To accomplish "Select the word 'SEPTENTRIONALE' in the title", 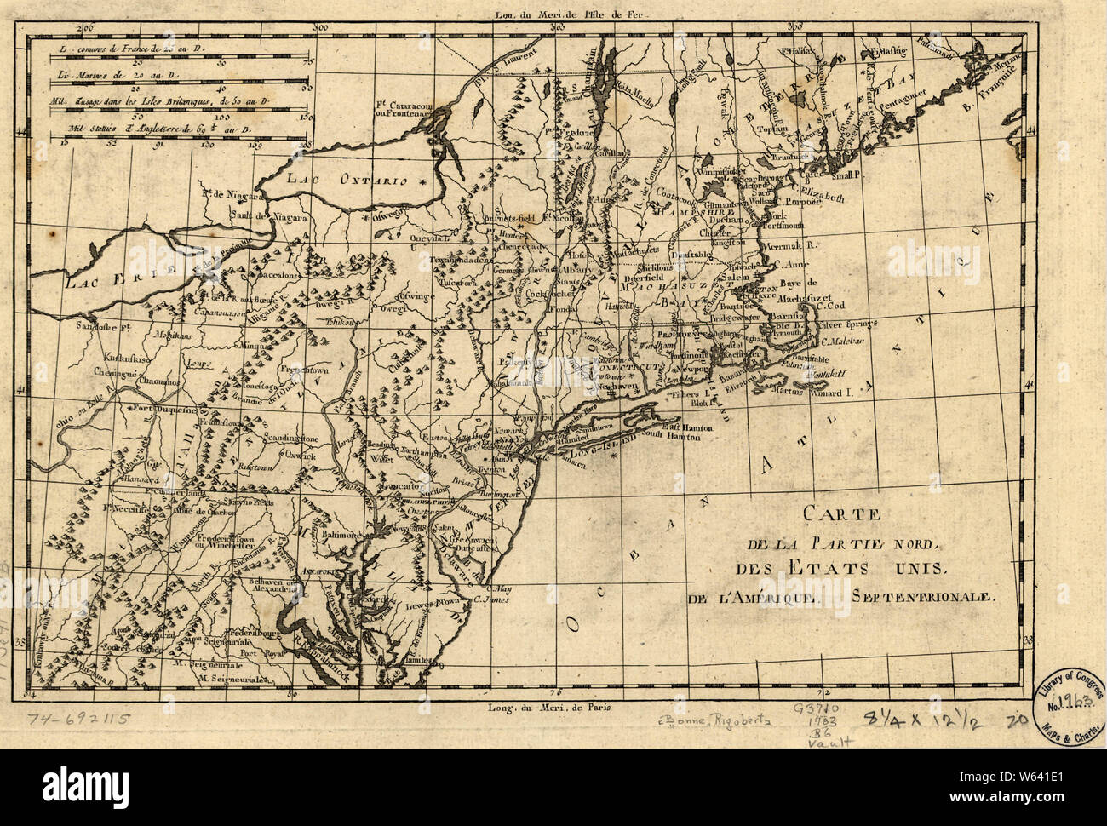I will point(921,597).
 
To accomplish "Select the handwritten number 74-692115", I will point(78,718).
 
